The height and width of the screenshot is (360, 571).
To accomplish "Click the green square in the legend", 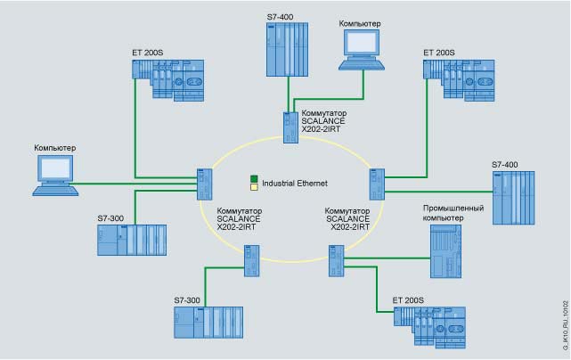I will click(x=255, y=178).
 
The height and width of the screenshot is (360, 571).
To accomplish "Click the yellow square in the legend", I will click(x=255, y=187).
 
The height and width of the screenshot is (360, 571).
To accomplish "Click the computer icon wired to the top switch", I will click(x=364, y=50).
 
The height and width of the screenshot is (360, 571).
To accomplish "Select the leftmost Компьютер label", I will click(x=55, y=147).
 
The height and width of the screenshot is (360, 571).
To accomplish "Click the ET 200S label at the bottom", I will click(x=409, y=291).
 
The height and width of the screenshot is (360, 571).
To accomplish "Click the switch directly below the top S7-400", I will click(x=290, y=127).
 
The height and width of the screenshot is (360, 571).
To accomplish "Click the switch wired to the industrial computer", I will click(x=337, y=260).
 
